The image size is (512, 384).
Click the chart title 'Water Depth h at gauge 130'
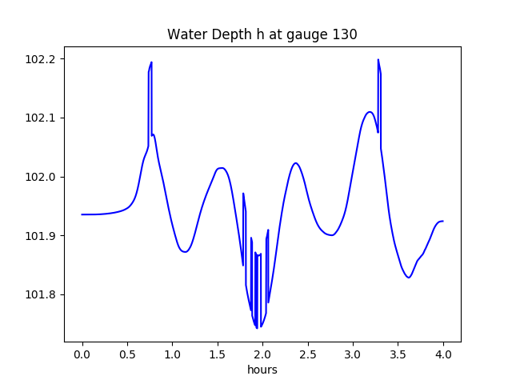click(x=262, y=34)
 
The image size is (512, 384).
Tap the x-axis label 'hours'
click(x=262, y=370)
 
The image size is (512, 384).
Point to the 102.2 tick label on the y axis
click(x=40, y=59)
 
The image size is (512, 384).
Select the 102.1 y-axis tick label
click(x=40, y=118)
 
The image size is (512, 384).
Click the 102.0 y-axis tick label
click(x=40, y=177)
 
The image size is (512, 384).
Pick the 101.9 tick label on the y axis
click(x=40, y=236)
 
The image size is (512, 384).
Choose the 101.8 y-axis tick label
click(x=40, y=294)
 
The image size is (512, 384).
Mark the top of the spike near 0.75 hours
click(x=151, y=62)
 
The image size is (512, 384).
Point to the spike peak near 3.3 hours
click(x=378, y=59)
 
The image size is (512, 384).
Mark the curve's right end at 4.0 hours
click(x=442, y=221)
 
